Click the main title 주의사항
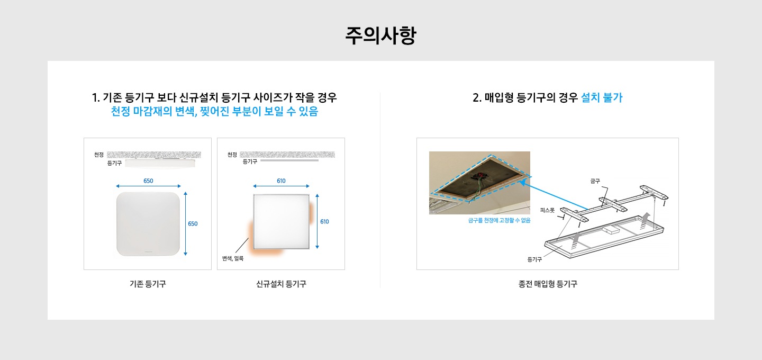380,35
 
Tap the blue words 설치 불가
602,97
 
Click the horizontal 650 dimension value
148,181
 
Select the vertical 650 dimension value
193,223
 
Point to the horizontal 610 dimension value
281,181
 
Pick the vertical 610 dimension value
324,221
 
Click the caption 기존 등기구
148,284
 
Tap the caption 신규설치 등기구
281,284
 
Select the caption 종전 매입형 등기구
548,284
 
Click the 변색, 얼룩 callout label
233,258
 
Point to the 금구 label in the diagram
595,182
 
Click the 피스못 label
547,210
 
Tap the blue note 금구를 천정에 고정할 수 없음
499,220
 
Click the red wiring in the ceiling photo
479,176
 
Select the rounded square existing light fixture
148,224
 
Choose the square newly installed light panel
282,221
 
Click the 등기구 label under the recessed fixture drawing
534,259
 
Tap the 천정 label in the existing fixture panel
98,155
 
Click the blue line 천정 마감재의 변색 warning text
214,112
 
